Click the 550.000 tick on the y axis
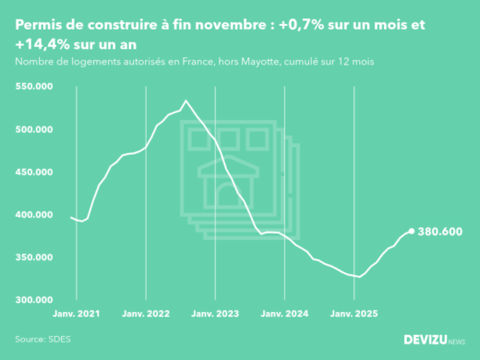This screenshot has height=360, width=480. pos(33,87)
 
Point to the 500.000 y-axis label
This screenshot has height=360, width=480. pos(33,129)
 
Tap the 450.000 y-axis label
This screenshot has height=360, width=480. pos(33,172)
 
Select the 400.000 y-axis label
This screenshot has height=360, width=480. pos(33,215)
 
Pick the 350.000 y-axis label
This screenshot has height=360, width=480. pos(33,258)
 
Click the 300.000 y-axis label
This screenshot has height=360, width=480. pos(33,300)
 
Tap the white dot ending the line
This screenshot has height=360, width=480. pos(412,232)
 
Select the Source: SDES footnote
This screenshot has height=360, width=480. pos(42,339)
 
